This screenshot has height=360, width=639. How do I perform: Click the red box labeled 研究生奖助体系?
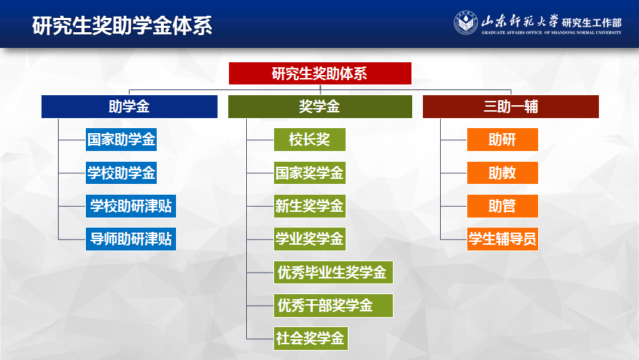click(x=320, y=74)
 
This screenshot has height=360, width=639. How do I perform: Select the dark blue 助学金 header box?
click(x=130, y=107)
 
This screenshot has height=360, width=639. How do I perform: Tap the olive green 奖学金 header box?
click(x=320, y=107)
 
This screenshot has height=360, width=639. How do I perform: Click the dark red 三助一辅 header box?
click(x=511, y=107)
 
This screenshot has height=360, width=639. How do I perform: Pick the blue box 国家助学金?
click(x=121, y=140)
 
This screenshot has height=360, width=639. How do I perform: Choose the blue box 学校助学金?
click(x=121, y=173)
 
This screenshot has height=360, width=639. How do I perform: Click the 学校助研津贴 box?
click(x=131, y=206)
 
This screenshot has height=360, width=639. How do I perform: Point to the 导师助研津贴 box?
click(x=131, y=239)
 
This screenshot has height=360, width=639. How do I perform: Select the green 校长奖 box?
click(x=309, y=140)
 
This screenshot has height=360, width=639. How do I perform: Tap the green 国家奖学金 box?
click(x=309, y=173)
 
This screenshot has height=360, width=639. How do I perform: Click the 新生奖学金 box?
click(x=309, y=206)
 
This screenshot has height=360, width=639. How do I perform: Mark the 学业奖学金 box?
click(x=309, y=239)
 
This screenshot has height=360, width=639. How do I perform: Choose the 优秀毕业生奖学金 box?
click(x=333, y=273)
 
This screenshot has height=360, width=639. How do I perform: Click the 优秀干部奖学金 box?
click(x=333, y=306)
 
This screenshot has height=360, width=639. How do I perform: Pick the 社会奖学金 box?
click(x=311, y=339)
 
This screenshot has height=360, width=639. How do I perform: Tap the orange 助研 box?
click(x=502, y=140)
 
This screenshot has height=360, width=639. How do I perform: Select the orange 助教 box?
click(x=502, y=173)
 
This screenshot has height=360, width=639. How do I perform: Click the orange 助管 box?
click(x=502, y=206)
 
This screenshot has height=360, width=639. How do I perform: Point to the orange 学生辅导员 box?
click(x=502, y=239)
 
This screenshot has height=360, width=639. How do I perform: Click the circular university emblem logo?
click(x=466, y=23)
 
